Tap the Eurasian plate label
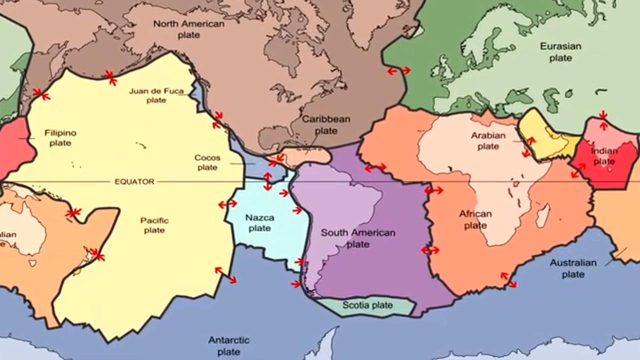click(560, 52)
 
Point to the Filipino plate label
click(60, 138)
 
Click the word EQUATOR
click(134, 182)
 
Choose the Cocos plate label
click(207, 162)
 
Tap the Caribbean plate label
click(326, 125)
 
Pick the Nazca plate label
click(259, 222)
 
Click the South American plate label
click(358, 238)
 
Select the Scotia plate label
click(367, 305)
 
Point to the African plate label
click(475, 219)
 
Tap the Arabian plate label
click(488, 141)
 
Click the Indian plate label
click(604, 156)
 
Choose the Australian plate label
click(573, 268)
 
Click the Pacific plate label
click(154, 225)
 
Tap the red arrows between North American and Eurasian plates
click(399, 71)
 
